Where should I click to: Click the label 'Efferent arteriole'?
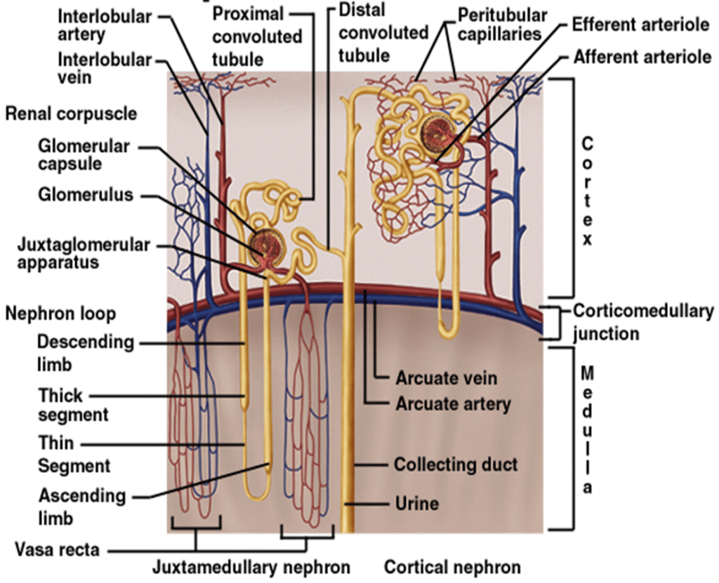point(640,25)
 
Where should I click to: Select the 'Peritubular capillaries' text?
point(502,24)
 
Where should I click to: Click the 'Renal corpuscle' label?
point(71,113)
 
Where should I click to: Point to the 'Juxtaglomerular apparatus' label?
point(84,253)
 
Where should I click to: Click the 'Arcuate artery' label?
point(453,404)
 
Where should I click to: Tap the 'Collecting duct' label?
point(456,464)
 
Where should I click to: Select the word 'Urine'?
point(416,503)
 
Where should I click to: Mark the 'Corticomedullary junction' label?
point(643,321)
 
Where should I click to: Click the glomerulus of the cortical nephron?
point(437,132)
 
